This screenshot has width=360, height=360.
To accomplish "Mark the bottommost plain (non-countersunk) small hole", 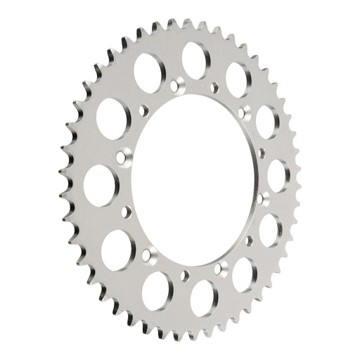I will pyautogui.click(x=223, y=264).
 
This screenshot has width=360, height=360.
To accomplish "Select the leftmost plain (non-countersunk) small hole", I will pyautogui.click(x=127, y=211).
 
